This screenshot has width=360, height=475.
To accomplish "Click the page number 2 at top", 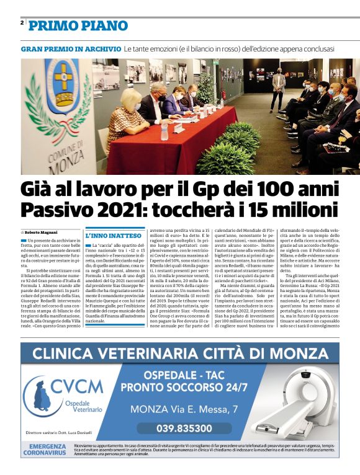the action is pyautogui.click(x=22, y=23).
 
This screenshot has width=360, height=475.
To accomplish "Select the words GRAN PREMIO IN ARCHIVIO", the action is pyautogui.click(x=71, y=48).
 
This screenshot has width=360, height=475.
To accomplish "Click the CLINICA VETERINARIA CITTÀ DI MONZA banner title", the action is pyautogui.click(x=181, y=355).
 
